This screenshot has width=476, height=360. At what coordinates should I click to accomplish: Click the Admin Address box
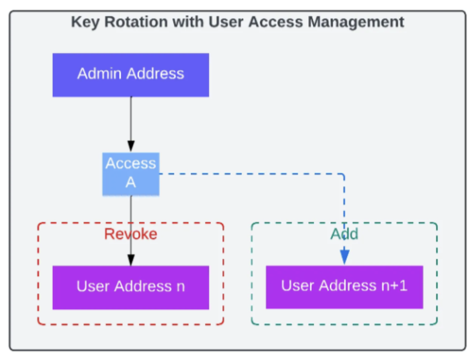(x=131, y=75)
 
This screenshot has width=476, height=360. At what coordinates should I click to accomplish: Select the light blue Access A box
(x=131, y=174)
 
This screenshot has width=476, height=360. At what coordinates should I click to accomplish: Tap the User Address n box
(x=131, y=287)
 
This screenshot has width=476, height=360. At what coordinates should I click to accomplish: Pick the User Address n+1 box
(x=345, y=287)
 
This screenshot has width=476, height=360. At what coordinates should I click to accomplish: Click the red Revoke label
(x=131, y=234)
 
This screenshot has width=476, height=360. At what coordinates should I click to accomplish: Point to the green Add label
(x=344, y=234)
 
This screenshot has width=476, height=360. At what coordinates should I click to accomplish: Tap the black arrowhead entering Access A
(x=131, y=146)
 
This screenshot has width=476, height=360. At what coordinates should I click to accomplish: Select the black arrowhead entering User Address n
(x=131, y=260)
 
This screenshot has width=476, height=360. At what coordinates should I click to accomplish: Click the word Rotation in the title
(x=136, y=22)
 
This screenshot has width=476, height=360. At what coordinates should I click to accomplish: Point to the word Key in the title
(x=85, y=22)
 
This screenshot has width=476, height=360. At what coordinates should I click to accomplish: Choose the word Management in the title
(x=356, y=22)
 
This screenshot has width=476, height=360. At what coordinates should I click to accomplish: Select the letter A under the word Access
(x=131, y=183)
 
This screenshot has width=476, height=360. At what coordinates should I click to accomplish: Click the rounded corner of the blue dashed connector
(x=343, y=175)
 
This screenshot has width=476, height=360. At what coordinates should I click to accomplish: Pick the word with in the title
(x=188, y=22)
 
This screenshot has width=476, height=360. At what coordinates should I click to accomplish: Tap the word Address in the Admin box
(x=156, y=73)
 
